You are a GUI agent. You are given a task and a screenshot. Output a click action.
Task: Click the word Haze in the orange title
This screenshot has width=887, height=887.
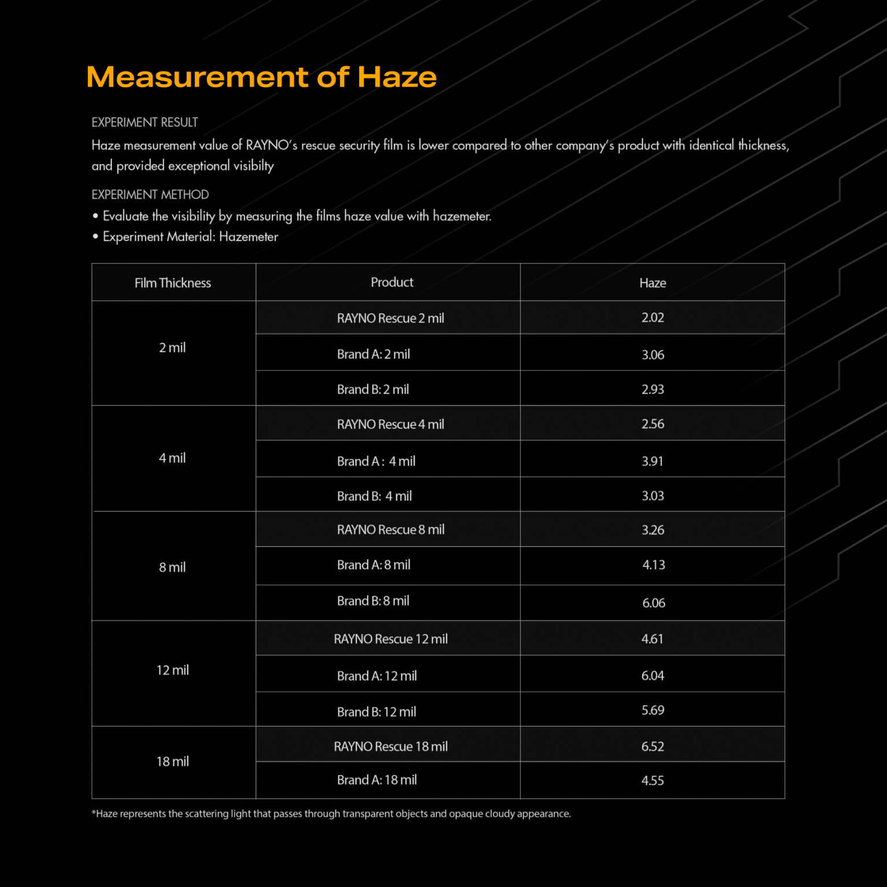point(397,77)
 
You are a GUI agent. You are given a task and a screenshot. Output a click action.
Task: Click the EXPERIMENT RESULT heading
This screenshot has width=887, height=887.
point(144,122)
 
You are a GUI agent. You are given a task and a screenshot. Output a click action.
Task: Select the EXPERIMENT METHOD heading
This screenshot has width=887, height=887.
point(150,195)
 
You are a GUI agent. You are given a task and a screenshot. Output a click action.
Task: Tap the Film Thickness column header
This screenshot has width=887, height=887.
point(173,283)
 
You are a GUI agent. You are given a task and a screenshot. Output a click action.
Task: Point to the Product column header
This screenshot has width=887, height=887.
point(392,282)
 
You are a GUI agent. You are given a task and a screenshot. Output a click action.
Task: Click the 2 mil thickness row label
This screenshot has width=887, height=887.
point(172,348)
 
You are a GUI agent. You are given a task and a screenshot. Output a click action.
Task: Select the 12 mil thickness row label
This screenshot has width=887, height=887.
point(173,670)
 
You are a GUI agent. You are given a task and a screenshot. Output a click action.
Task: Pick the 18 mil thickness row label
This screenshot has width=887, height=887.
point(173,762)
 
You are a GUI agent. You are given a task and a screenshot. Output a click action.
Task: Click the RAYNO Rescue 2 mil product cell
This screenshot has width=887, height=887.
point(390,318)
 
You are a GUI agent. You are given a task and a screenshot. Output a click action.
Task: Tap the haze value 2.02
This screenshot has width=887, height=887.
point(653,318)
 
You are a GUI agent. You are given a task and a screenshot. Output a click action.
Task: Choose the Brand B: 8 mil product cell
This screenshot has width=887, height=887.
point(373,601)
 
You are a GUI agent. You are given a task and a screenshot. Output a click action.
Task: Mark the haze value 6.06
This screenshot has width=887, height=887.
point(654,603)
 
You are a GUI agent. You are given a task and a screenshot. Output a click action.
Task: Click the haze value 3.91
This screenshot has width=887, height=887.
point(653,461)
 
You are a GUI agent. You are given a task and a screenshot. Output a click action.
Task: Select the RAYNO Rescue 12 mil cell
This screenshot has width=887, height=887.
point(390,639)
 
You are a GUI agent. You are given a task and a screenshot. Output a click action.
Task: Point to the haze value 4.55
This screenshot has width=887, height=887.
point(653,781)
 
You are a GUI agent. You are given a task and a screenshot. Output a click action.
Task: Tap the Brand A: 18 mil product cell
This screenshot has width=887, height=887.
point(377,780)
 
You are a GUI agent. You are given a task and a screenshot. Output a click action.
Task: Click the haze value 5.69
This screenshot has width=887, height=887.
point(653,710)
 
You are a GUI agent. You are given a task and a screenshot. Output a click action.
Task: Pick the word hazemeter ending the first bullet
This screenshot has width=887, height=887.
point(461,217)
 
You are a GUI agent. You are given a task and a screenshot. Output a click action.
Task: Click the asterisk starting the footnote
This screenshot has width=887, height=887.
point(94,813)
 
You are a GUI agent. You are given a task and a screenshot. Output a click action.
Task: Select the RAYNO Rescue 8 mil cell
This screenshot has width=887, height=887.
point(390,530)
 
